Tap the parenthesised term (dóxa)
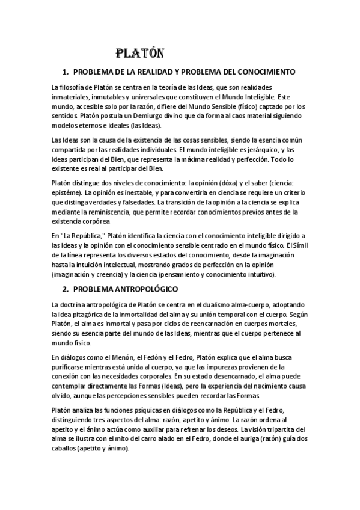pos(227,182)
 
